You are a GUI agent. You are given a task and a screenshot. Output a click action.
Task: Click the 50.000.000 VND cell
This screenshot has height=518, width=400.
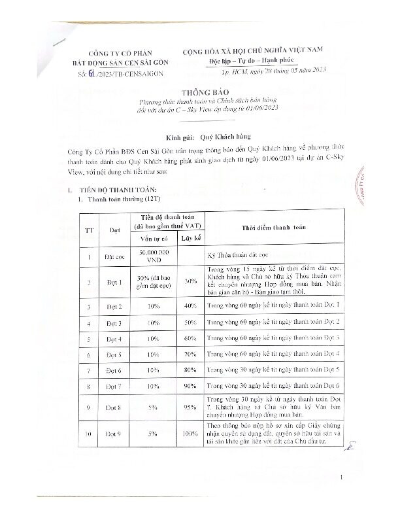[x=155, y=255]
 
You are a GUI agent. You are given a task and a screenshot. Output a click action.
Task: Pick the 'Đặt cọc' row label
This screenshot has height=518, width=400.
[x=115, y=255]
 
